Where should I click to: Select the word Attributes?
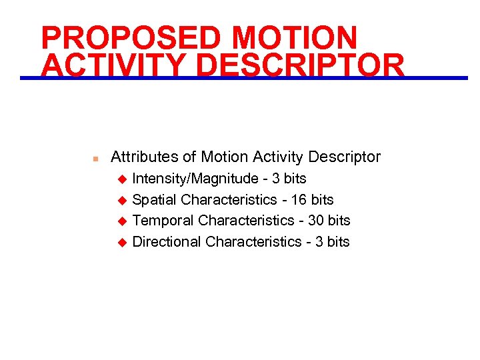(145, 157)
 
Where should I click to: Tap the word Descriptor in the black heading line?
(344, 157)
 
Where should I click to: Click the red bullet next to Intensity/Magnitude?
(122, 179)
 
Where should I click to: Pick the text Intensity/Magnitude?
(195, 179)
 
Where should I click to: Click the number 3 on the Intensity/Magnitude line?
(276, 179)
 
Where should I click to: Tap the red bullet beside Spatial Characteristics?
(122, 200)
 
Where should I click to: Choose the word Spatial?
(155, 200)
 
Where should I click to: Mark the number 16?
(299, 199)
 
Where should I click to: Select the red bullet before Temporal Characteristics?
(122, 221)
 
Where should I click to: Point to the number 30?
(316, 220)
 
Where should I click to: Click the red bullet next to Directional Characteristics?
(122, 242)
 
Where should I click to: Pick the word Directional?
(167, 241)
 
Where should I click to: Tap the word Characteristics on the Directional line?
(253, 241)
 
